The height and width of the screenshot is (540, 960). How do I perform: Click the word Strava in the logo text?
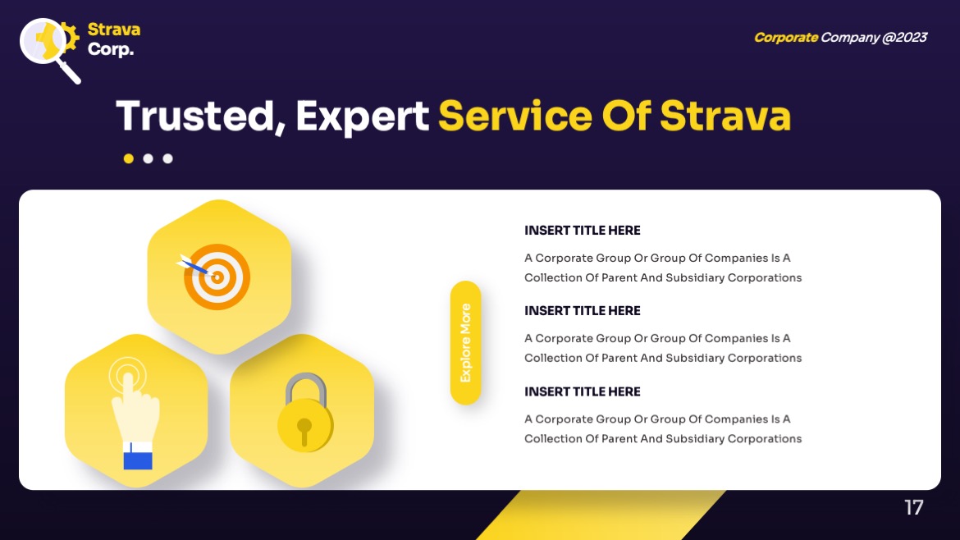114,30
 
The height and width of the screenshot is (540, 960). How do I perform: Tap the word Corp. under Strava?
111,49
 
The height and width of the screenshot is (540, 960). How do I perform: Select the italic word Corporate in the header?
785,37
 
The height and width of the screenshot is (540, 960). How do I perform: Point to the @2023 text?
904,37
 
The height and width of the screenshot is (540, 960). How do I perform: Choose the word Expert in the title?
362,116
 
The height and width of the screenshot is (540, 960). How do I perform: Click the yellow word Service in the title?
514,116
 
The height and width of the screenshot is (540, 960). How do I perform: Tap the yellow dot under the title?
129,158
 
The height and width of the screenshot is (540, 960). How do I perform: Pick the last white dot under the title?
168,158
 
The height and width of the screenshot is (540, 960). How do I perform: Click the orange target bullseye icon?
217,277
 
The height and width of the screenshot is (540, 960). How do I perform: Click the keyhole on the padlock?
304,428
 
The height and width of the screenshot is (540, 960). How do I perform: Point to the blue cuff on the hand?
138,456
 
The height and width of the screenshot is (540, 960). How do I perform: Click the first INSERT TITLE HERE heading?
583,231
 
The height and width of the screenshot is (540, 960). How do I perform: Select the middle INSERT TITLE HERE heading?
583,311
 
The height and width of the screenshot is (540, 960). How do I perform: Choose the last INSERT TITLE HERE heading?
583,391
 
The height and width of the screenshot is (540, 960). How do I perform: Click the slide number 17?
914,508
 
